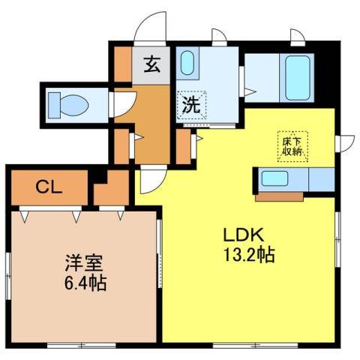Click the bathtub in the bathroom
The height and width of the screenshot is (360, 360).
point(297,77)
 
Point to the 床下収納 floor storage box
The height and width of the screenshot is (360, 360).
point(292,142)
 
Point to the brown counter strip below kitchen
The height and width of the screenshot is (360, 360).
point(280,198)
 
